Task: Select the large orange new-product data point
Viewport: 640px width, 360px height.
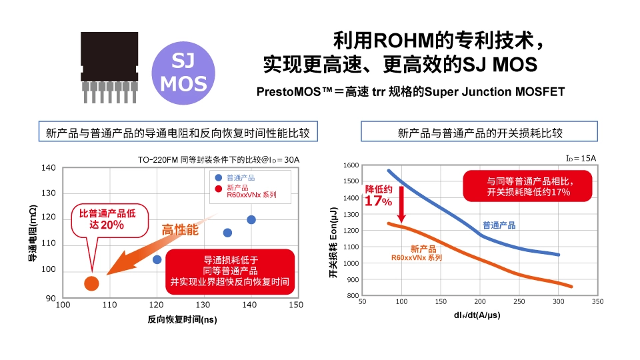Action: [91, 283]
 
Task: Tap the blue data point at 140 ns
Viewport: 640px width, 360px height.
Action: [251, 219]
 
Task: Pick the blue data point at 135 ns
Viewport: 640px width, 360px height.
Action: [227, 233]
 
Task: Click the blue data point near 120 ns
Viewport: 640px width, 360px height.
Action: [157, 259]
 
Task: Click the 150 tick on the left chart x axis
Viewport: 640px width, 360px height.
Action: [296, 305]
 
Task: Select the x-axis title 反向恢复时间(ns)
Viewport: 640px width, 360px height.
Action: [183, 319]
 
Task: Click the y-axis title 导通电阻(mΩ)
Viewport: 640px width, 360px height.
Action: [31, 233]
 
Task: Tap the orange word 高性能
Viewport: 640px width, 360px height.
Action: [181, 230]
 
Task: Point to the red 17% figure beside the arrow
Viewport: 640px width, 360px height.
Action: [379, 201]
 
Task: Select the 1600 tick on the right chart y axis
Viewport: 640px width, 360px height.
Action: [351, 165]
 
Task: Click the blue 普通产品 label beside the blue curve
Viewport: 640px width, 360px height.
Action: [499, 225]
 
